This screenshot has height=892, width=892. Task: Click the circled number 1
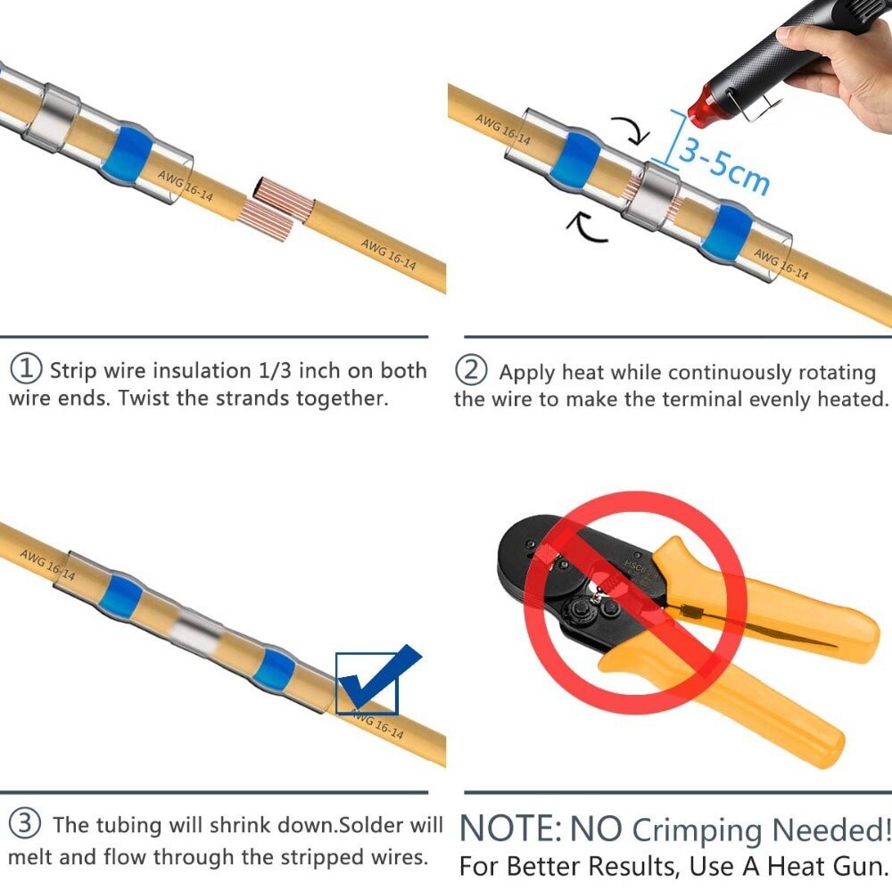27,368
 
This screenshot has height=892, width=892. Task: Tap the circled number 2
472,369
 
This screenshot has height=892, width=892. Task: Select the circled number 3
25,823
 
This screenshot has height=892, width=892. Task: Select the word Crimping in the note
697,830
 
